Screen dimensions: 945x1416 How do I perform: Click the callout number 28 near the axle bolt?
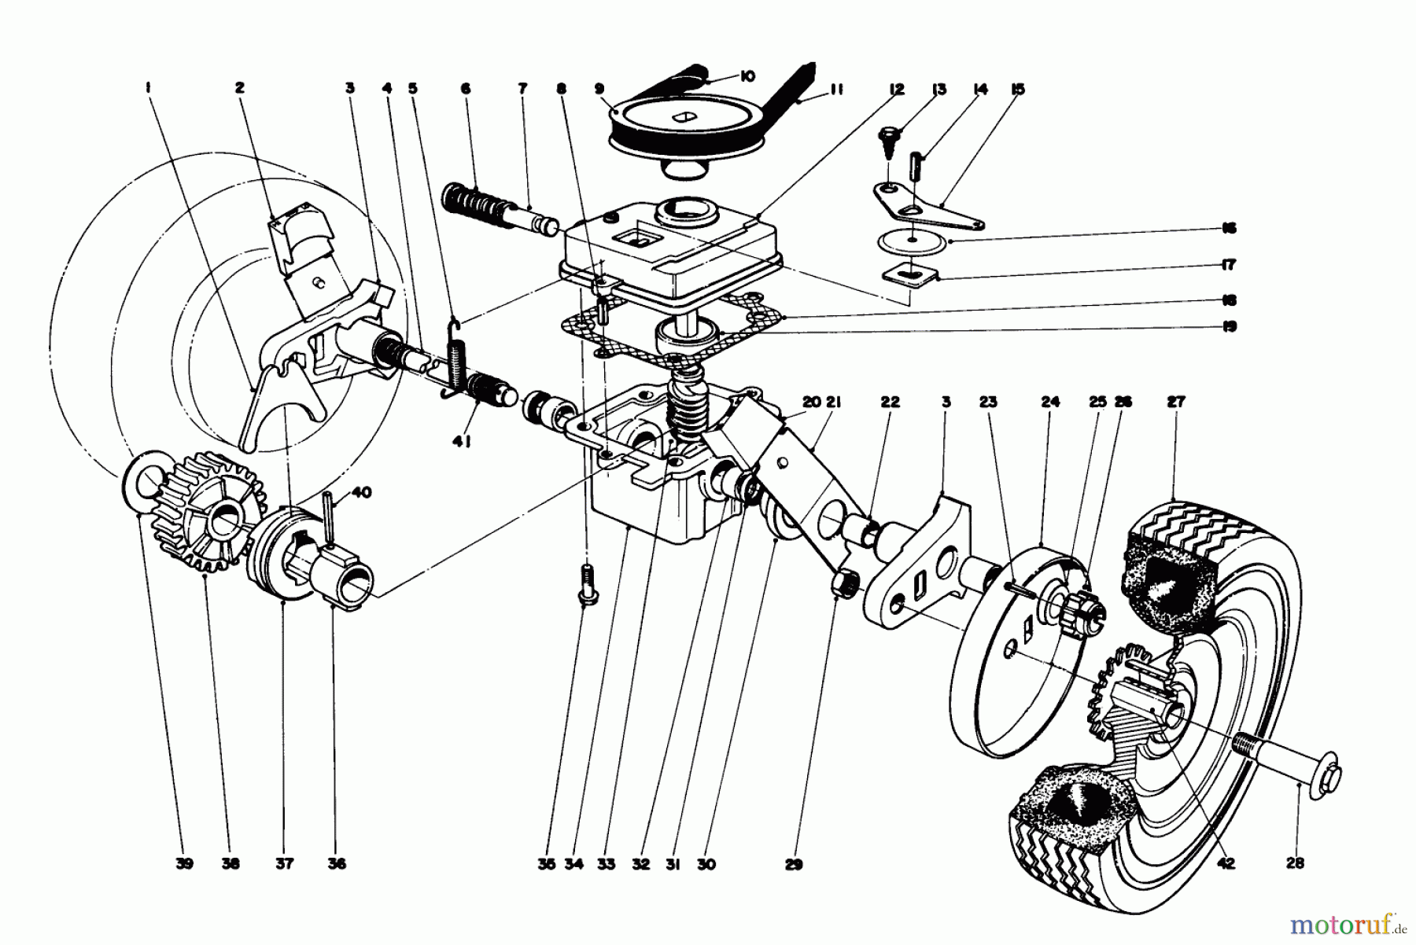[x=1295, y=863]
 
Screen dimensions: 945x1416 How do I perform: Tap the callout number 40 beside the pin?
[x=361, y=493]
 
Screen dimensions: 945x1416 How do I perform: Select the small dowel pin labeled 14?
[x=920, y=167]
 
